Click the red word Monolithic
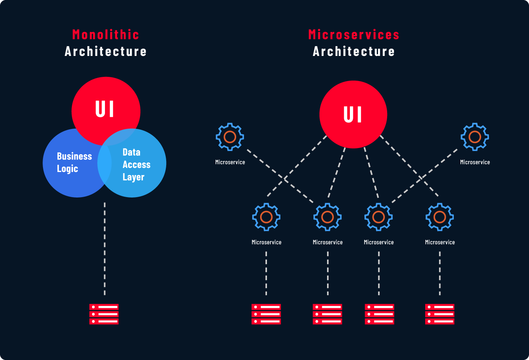coord(106,35)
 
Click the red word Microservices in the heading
coord(354,35)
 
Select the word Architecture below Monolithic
coord(106,51)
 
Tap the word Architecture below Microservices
coord(354,51)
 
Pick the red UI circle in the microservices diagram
coord(353,114)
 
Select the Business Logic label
coord(74,162)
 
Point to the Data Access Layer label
coord(136,164)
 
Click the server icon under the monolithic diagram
coord(104,314)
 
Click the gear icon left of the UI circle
coord(230,137)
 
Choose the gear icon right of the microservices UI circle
coord(475,137)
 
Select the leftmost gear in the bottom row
coord(266,217)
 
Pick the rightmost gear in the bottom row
coord(440,217)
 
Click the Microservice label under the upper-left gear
coord(230,162)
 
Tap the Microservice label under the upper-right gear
coord(475,162)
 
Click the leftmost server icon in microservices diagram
coord(266,314)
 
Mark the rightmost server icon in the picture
coord(440,314)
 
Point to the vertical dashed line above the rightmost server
coord(440,273)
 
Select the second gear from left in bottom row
coord(327,217)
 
